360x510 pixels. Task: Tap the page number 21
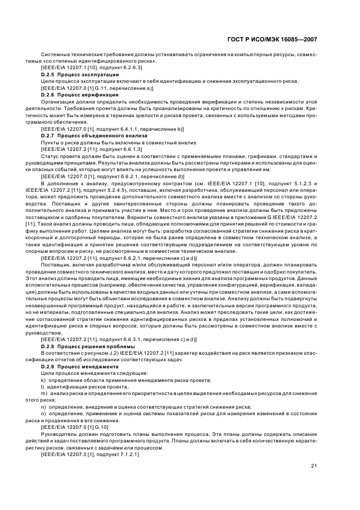click(314, 465)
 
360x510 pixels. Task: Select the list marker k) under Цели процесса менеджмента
click(43, 380)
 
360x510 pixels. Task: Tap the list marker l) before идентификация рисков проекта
click(42, 386)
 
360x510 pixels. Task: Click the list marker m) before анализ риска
click(44, 393)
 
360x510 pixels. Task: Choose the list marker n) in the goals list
click(43, 406)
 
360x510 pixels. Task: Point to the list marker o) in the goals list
click(43, 414)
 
